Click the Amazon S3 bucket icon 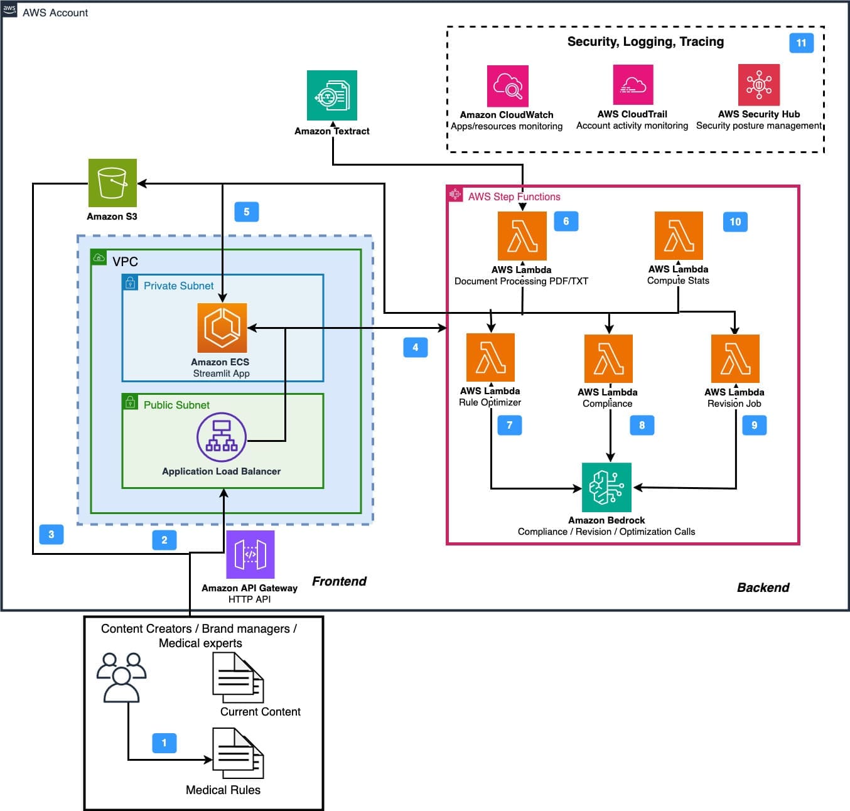(x=112, y=183)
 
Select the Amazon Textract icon (x=332, y=95)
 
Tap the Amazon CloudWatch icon (x=507, y=86)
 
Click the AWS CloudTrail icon (x=633, y=85)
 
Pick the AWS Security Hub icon (x=758, y=85)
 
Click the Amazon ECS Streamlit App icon (x=222, y=328)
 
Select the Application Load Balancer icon (x=222, y=437)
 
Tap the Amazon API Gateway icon (x=250, y=554)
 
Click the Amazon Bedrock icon (x=606, y=488)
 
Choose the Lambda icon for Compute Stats (x=679, y=235)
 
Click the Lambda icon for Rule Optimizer (x=490, y=358)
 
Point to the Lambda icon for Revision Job (x=735, y=358)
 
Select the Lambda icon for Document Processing (x=522, y=236)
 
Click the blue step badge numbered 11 (x=801, y=43)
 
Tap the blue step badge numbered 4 (x=415, y=347)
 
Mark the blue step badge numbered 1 (x=164, y=743)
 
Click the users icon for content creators (x=121, y=677)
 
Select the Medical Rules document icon (x=237, y=753)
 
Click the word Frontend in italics (x=339, y=581)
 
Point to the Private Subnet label (x=178, y=286)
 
